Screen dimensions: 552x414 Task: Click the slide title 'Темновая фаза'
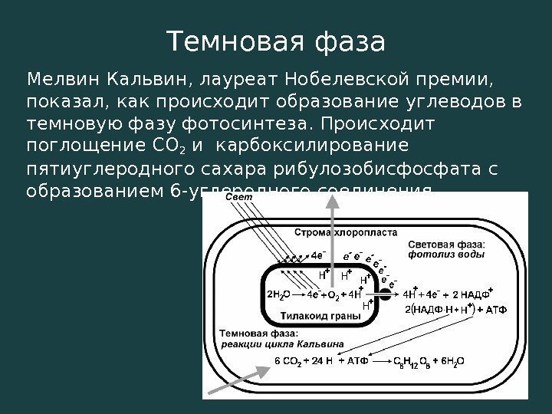pos(276,42)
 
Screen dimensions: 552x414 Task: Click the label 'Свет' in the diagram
pos(238,199)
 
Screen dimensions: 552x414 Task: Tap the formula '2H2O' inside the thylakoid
pos(277,294)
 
